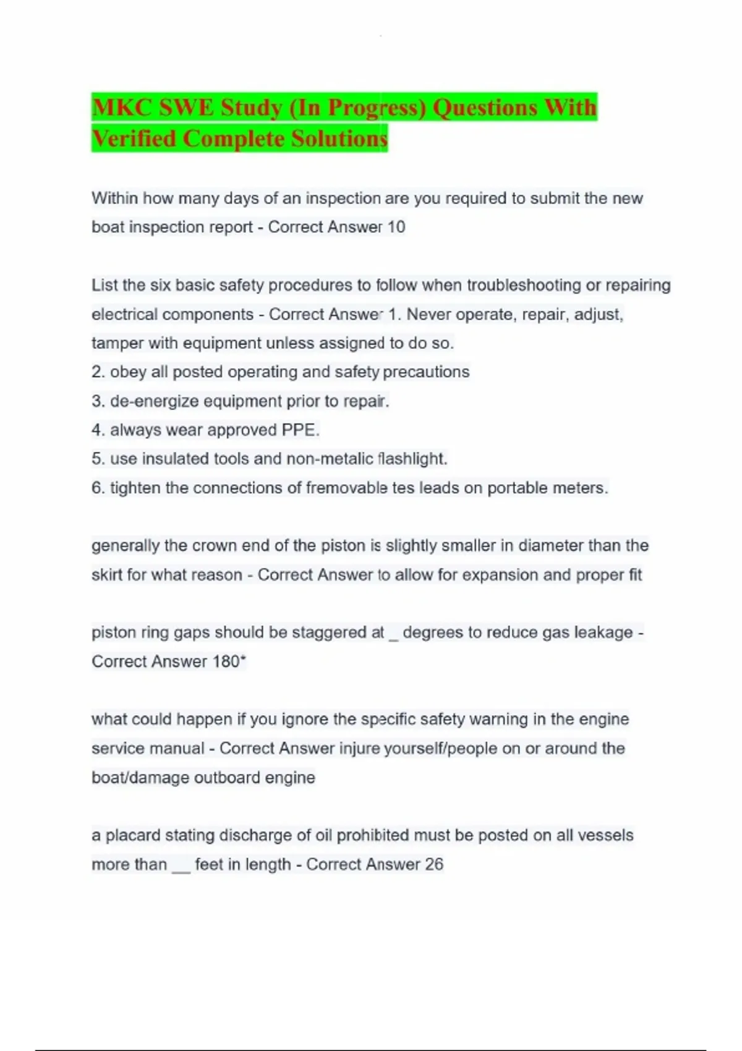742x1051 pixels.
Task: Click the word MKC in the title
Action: (x=122, y=108)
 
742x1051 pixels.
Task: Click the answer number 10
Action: (x=396, y=227)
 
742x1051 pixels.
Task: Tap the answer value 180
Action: (x=226, y=662)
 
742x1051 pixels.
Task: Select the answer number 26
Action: (x=434, y=864)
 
